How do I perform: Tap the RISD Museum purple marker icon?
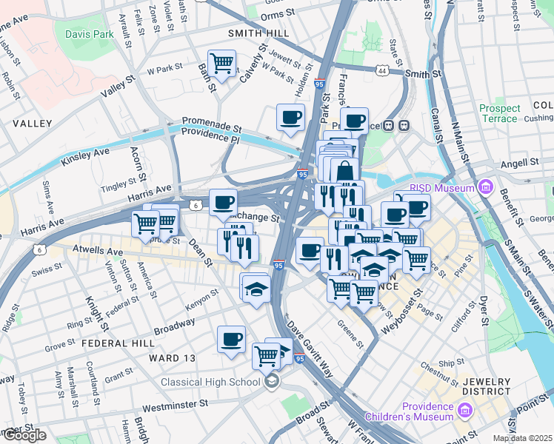coord(486,188)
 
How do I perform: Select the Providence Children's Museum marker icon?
coord(464,411)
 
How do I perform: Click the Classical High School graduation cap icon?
coord(272,381)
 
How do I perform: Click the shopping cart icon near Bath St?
coord(222,64)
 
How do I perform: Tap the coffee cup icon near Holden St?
coord(290,116)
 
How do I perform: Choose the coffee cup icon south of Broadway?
coord(231,340)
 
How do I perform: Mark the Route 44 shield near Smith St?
coord(381,70)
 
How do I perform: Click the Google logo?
coord(24,435)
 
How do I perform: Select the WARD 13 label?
coord(172,358)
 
